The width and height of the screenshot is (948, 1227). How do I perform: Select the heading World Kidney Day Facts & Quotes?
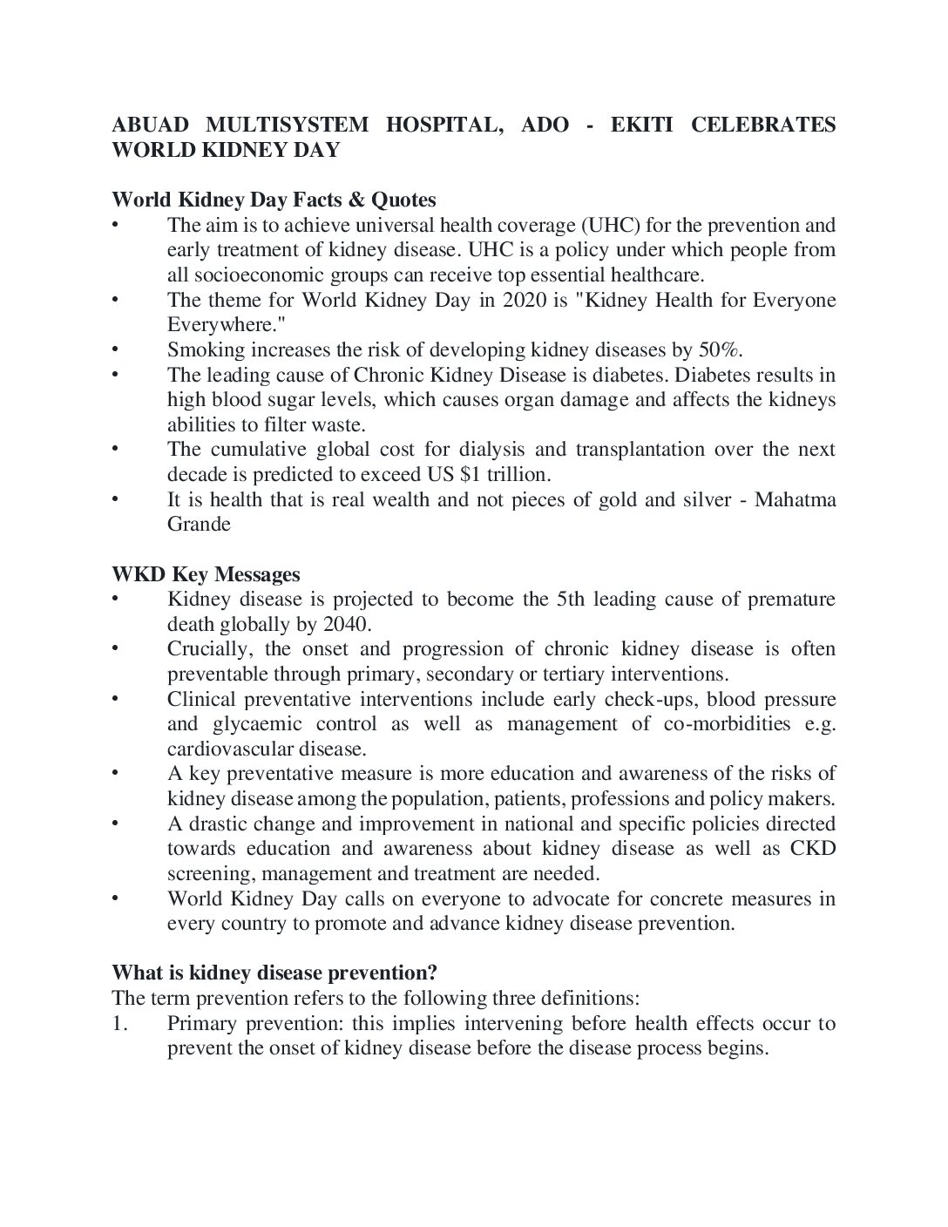coord(274,200)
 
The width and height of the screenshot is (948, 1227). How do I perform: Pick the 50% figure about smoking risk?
coord(720,350)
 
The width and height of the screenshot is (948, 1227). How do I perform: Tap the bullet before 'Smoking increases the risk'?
coord(115,350)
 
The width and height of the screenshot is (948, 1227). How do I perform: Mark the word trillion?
coord(518,475)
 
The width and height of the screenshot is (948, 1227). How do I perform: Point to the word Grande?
coord(199,525)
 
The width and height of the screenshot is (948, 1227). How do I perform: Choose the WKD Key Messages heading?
coord(206,575)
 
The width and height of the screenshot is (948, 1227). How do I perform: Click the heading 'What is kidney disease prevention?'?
coord(274,973)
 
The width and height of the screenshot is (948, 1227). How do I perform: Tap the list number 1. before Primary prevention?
coord(120,1023)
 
